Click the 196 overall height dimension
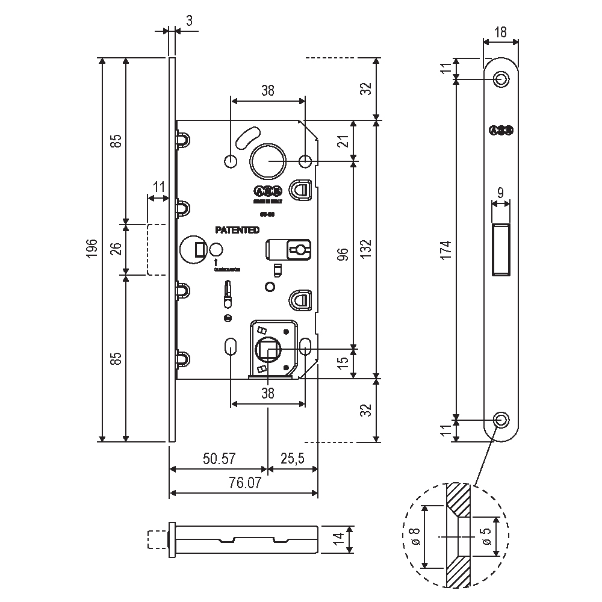(91, 249)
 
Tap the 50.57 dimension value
(219, 459)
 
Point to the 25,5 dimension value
(292, 459)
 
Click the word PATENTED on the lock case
(237, 230)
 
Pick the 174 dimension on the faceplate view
(446, 249)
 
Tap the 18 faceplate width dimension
(500, 32)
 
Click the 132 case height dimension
(367, 249)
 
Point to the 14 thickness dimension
(338, 537)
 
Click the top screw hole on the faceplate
(500, 79)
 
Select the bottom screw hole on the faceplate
(500, 420)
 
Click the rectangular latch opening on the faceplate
(501, 249)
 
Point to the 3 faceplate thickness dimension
(189, 21)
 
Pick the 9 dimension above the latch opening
(500, 193)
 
